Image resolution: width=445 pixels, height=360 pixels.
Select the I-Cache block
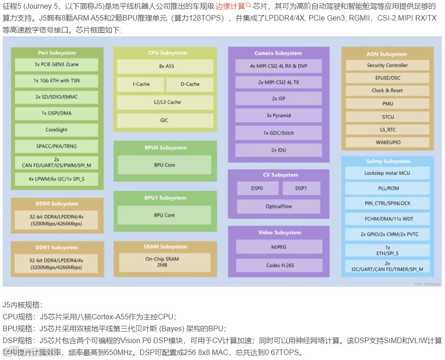tap(141, 84)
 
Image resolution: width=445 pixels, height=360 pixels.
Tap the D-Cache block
tap(190, 84)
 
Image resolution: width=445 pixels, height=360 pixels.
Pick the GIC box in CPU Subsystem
tap(165, 120)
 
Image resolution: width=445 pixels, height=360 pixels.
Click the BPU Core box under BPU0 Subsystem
tap(165, 165)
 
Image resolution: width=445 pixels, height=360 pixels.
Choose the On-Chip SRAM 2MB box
tap(162, 262)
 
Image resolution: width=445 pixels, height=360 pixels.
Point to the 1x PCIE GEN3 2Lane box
tap(56, 65)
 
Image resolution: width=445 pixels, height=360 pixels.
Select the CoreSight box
tap(56, 130)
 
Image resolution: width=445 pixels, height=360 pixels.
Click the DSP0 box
tap(257, 188)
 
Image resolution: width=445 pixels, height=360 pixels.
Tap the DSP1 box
tap(301, 188)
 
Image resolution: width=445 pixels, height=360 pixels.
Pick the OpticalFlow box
tap(279, 206)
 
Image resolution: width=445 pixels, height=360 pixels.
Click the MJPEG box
tap(279, 247)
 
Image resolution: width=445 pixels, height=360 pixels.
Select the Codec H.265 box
tap(279, 265)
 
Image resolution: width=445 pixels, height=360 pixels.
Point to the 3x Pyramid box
tap(279, 116)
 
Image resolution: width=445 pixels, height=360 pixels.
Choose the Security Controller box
tap(387, 65)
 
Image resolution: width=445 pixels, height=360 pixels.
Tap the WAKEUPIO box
tap(387, 142)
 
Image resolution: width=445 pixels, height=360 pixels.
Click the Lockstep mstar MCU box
tap(387, 173)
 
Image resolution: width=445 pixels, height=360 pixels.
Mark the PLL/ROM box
tap(387, 188)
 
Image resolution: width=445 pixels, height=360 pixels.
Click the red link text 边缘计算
tap(230, 6)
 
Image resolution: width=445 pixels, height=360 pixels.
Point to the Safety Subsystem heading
tap(388, 161)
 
